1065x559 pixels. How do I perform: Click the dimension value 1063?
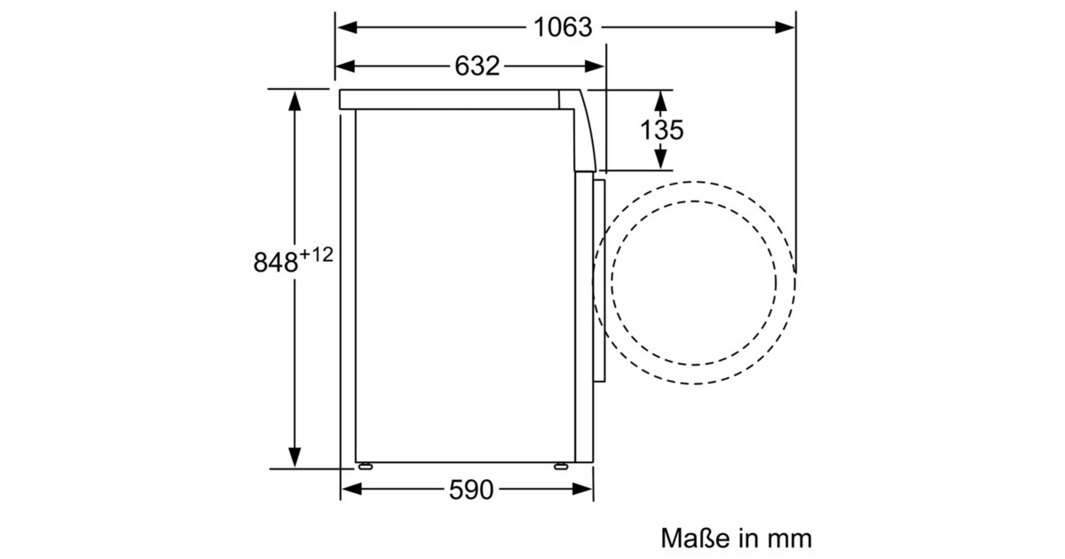click(563, 28)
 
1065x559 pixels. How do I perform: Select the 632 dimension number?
click(477, 66)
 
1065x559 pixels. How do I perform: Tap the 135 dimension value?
click(662, 130)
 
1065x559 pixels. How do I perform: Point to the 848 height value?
click(275, 262)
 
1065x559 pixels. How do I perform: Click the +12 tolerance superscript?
click(316, 255)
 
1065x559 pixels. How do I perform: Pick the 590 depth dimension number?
click(471, 490)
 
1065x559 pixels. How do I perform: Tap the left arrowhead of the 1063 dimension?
click(347, 28)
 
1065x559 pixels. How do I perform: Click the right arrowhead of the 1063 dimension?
click(785, 28)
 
